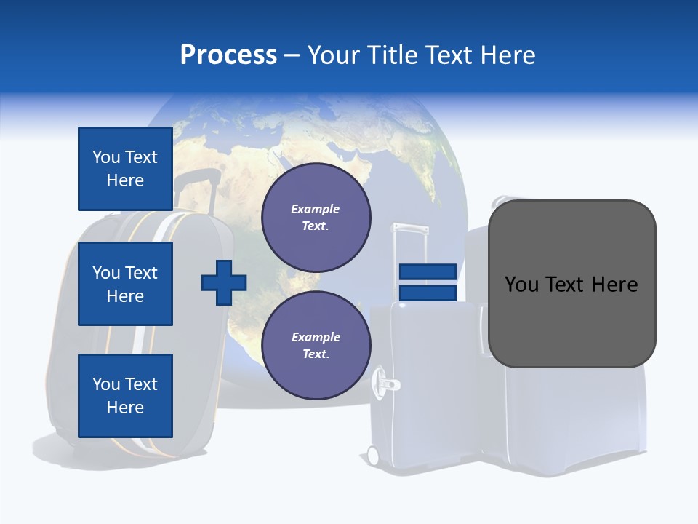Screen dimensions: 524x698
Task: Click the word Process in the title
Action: click(x=228, y=55)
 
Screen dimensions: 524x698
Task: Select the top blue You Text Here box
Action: click(x=125, y=169)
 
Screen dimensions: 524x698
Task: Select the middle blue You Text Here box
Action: click(x=125, y=284)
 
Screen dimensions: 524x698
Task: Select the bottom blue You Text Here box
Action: click(x=125, y=395)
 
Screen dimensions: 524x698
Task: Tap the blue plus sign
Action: click(x=224, y=282)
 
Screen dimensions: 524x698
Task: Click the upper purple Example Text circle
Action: click(x=316, y=217)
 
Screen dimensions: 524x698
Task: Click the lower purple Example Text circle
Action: click(x=316, y=345)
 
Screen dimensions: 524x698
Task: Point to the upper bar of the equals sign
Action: click(x=428, y=271)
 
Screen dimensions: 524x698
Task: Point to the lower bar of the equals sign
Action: click(x=428, y=293)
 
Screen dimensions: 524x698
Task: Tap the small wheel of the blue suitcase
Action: click(x=373, y=456)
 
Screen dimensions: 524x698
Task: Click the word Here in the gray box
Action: click(x=614, y=285)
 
